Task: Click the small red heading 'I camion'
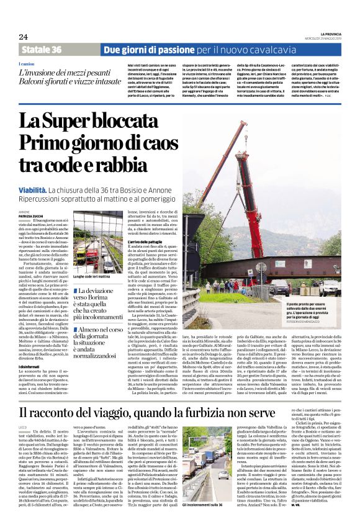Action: tap(26, 65)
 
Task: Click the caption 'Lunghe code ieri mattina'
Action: tap(92, 276)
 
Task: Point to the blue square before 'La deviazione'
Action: tap(74, 291)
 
